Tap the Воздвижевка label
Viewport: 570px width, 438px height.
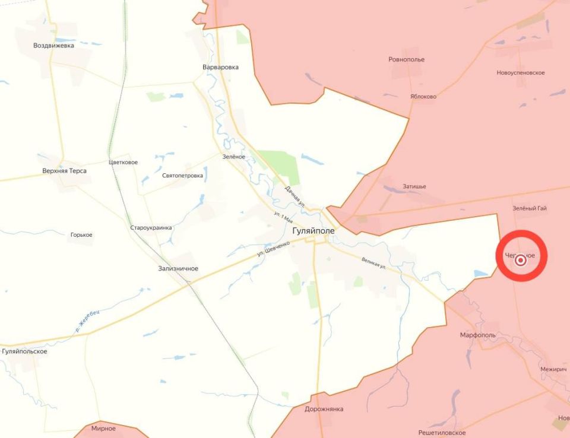[x=54, y=45]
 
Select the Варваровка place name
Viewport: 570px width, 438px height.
[x=220, y=67]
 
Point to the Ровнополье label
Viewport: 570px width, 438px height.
[x=406, y=59]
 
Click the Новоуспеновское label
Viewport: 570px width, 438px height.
[x=521, y=72]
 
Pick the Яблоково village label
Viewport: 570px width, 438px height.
[x=423, y=96]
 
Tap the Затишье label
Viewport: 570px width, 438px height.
[x=414, y=186]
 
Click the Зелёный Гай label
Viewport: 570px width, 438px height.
[x=530, y=208]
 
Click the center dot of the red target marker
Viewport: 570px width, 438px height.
[x=521, y=259]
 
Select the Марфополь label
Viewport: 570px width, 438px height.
[x=477, y=335]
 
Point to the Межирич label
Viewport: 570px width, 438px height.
[x=553, y=369]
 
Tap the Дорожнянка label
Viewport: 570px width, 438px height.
[x=324, y=409]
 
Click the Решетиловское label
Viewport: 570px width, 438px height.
[x=442, y=433]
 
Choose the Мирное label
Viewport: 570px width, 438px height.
[x=103, y=428]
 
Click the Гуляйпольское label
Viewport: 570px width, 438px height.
[x=24, y=351]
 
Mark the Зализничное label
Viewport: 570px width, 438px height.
[x=178, y=269]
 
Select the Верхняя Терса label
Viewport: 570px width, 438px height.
[x=64, y=171]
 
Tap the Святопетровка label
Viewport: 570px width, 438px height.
[x=182, y=176]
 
